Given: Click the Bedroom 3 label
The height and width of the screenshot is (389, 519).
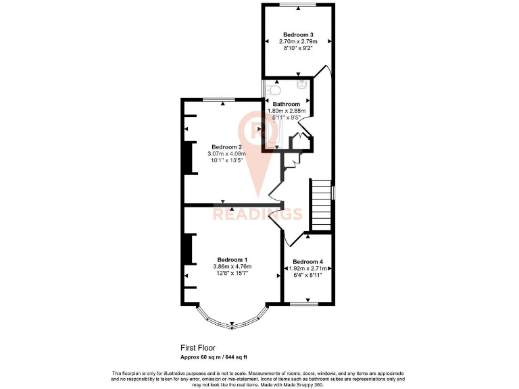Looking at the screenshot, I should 297,34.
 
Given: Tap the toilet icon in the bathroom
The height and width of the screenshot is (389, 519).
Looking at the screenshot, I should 273,90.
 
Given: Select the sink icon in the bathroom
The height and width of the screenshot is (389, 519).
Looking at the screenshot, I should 301,85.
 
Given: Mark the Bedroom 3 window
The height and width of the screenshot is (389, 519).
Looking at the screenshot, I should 298,5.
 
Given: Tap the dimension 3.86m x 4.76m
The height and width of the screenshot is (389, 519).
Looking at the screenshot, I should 232,267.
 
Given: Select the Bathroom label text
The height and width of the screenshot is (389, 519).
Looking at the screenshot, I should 287,104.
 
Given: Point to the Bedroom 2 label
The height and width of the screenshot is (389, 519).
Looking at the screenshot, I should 226,147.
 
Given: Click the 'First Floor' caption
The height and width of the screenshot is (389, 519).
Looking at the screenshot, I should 198,348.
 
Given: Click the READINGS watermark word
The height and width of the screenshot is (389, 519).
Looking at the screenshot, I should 257,215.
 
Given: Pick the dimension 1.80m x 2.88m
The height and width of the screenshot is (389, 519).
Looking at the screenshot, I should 287,111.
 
